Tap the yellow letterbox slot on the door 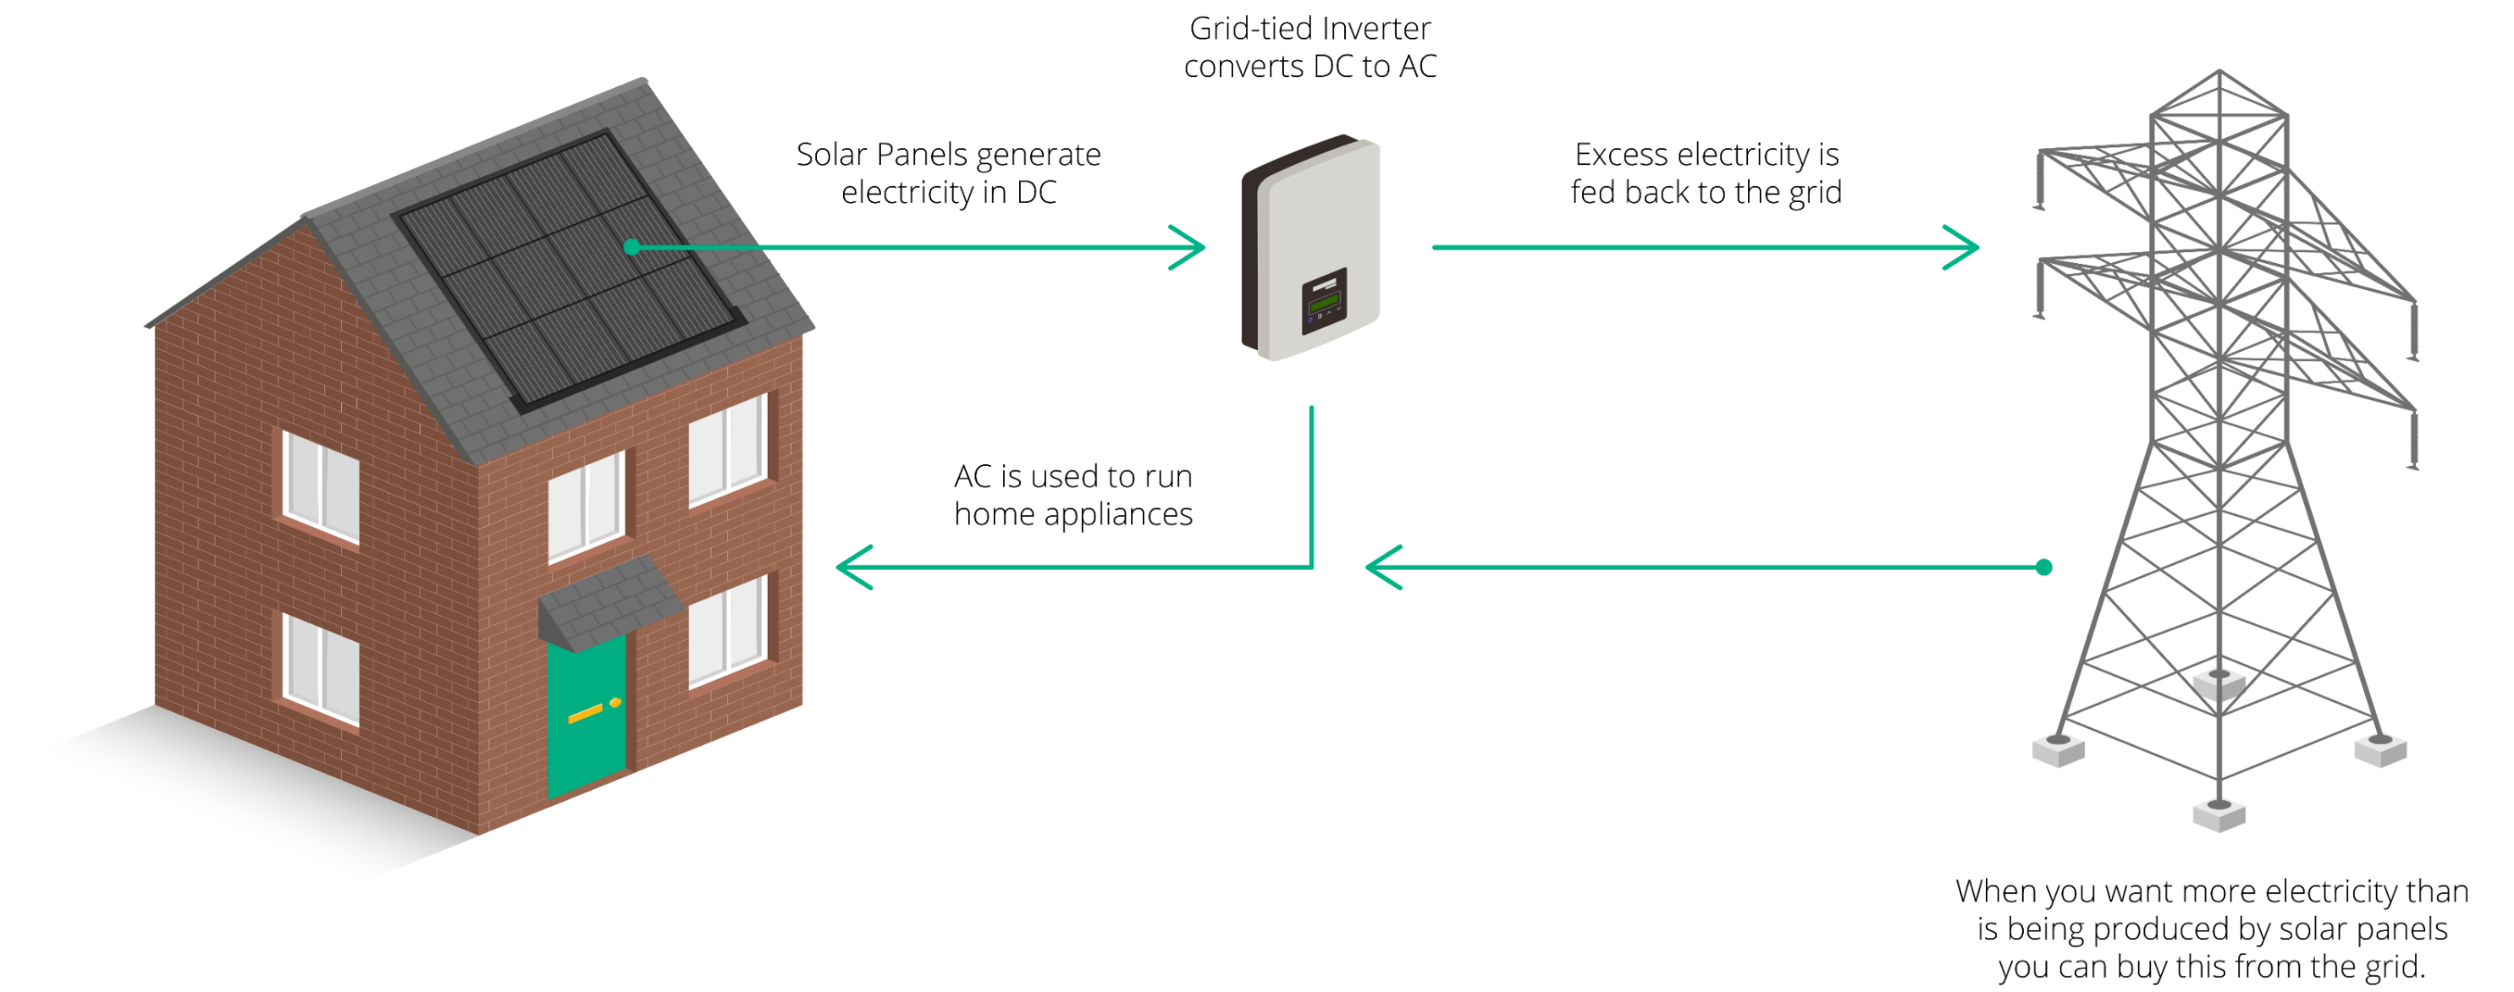click(x=585, y=714)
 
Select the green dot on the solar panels click(x=632, y=247)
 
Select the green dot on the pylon click(x=2044, y=566)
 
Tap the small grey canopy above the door click(x=607, y=600)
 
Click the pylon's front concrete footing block click(x=2219, y=814)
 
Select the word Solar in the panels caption click(x=831, y=154)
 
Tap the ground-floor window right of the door click(x=727, y=632)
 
